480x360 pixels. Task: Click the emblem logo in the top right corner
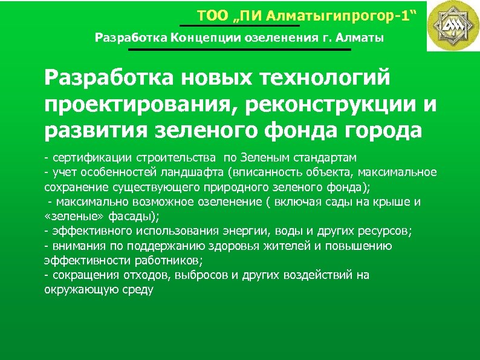click(x=453, y=26)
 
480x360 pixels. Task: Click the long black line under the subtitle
click(x=239, y=50)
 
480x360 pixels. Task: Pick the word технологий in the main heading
click(x=324, y=78)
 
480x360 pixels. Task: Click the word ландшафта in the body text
click(x=187, y=172)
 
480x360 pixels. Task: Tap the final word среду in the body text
click(x=140, y=290)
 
